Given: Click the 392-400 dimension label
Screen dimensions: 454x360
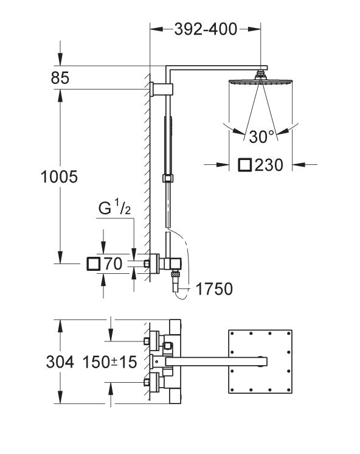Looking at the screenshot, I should point(205,28).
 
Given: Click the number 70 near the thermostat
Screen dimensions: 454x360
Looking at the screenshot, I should point(114,264).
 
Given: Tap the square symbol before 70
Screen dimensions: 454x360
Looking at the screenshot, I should point(94,264).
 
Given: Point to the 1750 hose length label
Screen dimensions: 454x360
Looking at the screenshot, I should point(214,288).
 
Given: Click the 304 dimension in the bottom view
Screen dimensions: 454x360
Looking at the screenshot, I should point(60,362).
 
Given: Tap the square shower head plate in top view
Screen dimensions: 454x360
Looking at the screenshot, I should point(258,362).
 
